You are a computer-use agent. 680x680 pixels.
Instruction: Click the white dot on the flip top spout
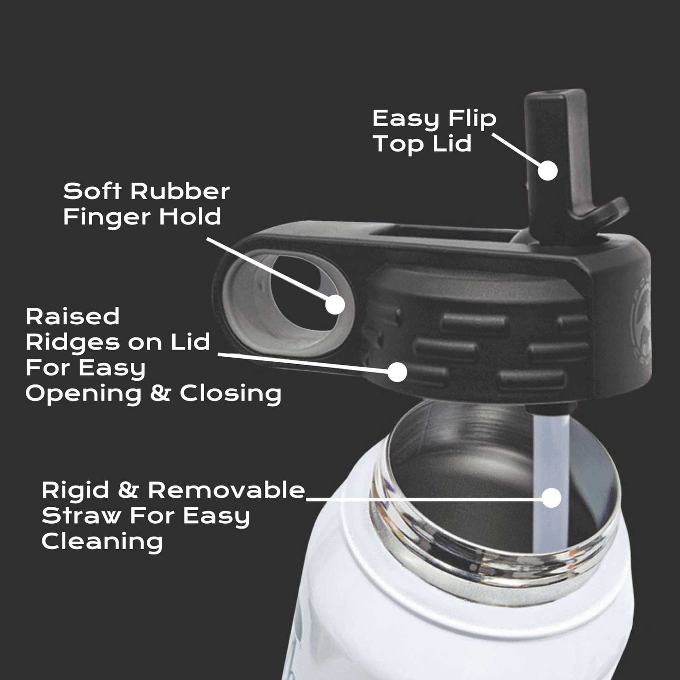click(x=547, y=170)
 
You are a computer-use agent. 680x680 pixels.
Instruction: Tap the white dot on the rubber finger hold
click(x=335, y=304)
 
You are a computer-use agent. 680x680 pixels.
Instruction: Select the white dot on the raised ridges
click(x=397, y=372)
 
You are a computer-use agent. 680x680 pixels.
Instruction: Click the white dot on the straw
click(x=551, y=498)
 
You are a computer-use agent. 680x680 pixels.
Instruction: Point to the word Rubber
click(x=180, y=191)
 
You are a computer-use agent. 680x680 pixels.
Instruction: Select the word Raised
click(x=72, y=316)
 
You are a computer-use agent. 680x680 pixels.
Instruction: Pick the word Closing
click(x=231, y=393)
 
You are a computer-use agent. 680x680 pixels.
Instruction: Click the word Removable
click(x=226, y=490)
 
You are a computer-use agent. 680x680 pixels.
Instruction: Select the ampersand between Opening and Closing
click(x=160, y=393)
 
